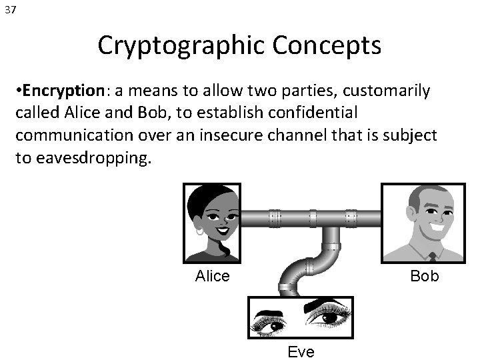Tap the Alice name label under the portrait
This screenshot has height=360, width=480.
[x=212, y=275]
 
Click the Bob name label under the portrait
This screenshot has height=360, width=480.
[x=425, y=275]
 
